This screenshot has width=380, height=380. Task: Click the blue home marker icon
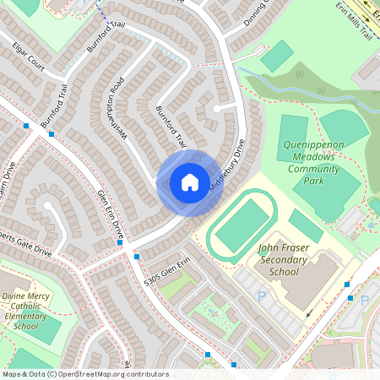tap(190, 182)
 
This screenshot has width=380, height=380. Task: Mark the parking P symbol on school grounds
tap(262, 296)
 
